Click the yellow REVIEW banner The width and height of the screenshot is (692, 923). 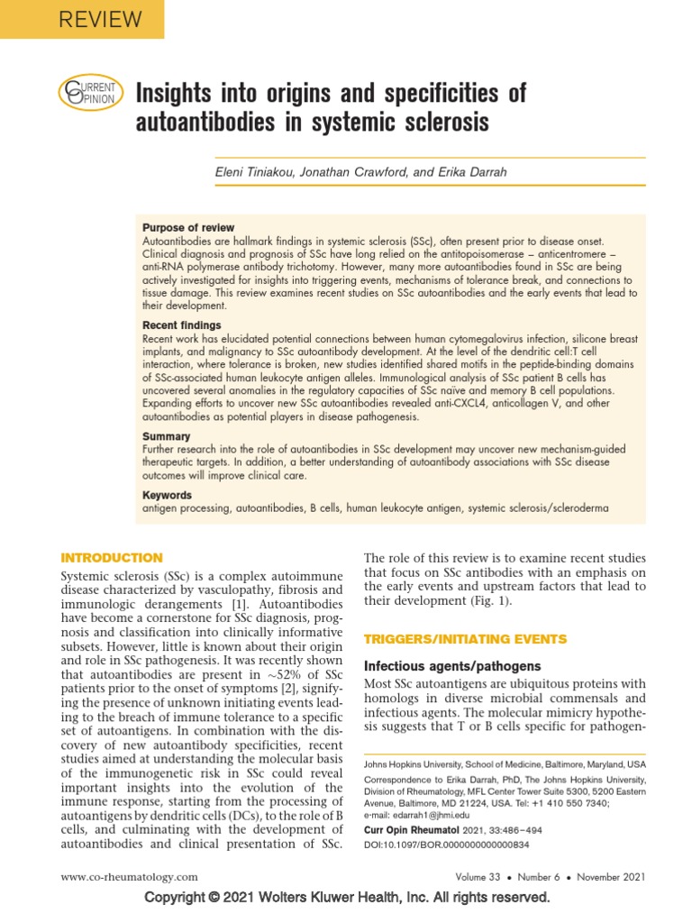pos(81,19)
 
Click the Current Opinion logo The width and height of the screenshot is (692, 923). pos(86,92)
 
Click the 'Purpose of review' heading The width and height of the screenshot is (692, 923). pos(188,228)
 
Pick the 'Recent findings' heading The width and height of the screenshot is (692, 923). pos(181,324)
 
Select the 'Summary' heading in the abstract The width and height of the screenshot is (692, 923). pos(167,436)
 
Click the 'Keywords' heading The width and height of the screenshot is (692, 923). pos(168,495)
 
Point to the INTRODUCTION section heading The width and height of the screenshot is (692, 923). pos(111,558)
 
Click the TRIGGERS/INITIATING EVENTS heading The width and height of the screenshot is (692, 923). pos(464,639)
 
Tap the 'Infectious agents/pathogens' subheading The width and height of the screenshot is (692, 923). pos(451,666)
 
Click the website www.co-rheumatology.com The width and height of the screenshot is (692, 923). pos(129,876)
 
